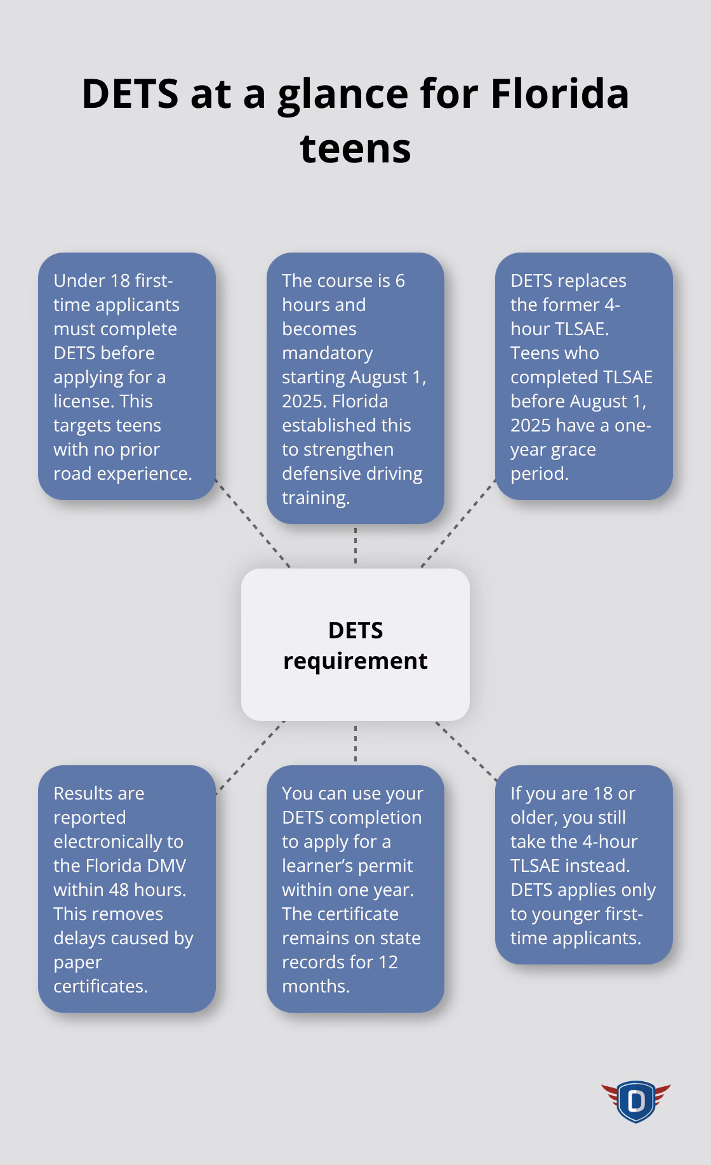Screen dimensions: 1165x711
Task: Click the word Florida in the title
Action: (559, 93)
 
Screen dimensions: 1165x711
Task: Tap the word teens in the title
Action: (355, 148)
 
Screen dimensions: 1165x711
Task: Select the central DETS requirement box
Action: (355, 644)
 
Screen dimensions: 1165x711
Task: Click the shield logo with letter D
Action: (635, 1101)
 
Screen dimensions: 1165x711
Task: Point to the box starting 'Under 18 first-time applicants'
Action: (127, 376)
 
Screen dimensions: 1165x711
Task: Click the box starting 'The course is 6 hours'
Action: (355, 388)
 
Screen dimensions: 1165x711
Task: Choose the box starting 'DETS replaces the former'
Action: (583, 376)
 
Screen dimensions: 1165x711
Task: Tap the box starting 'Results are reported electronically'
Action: (127, 888)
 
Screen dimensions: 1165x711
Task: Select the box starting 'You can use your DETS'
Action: (355, 888)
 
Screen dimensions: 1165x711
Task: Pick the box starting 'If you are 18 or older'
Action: (583, 864)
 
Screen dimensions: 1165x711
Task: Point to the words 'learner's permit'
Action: (347, 866)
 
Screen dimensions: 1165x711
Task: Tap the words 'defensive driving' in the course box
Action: (352, 473)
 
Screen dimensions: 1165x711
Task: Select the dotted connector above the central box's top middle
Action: (355, 546)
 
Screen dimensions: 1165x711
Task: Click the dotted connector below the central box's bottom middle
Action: (355, 743)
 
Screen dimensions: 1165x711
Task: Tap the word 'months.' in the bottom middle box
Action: (316, 986)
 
